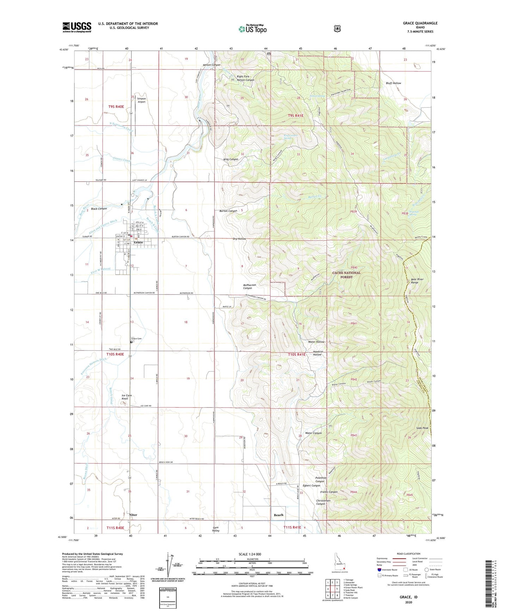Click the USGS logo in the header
[77, 27]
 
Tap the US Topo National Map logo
[252, 29]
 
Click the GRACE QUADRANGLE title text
[420, 23]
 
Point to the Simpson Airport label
[141, 100]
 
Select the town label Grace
[138, 243]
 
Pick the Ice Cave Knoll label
[127, 397]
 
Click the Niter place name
[133, 515]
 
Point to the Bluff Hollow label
[393, 83]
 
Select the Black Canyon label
[99, 209]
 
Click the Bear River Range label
[417, 281]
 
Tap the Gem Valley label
[216, 529]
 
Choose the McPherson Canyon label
[249, 286]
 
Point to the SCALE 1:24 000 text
[250, 554]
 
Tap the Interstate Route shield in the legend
[379, 569]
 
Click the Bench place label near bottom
[279, 515]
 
